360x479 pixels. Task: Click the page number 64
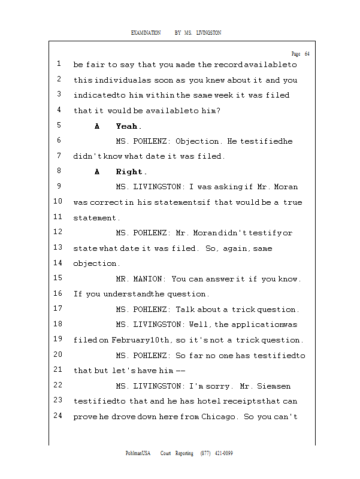click(x=307, y=54)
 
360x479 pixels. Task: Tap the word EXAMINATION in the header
click(x=146, y=33)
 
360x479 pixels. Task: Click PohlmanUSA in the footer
click(x=138, y=453)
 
